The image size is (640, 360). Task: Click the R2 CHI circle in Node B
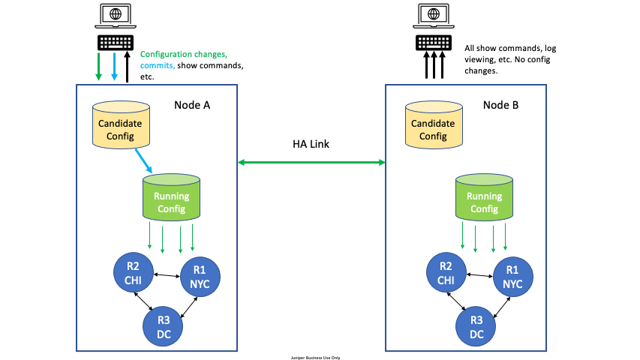[446, 271]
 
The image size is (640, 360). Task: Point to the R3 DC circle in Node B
[476, 325]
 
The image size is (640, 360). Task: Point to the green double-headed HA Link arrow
[311, 161]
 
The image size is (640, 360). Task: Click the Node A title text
[192, 104]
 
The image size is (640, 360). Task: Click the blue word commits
[158, 65]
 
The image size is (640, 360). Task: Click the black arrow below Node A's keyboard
[128, 67]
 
